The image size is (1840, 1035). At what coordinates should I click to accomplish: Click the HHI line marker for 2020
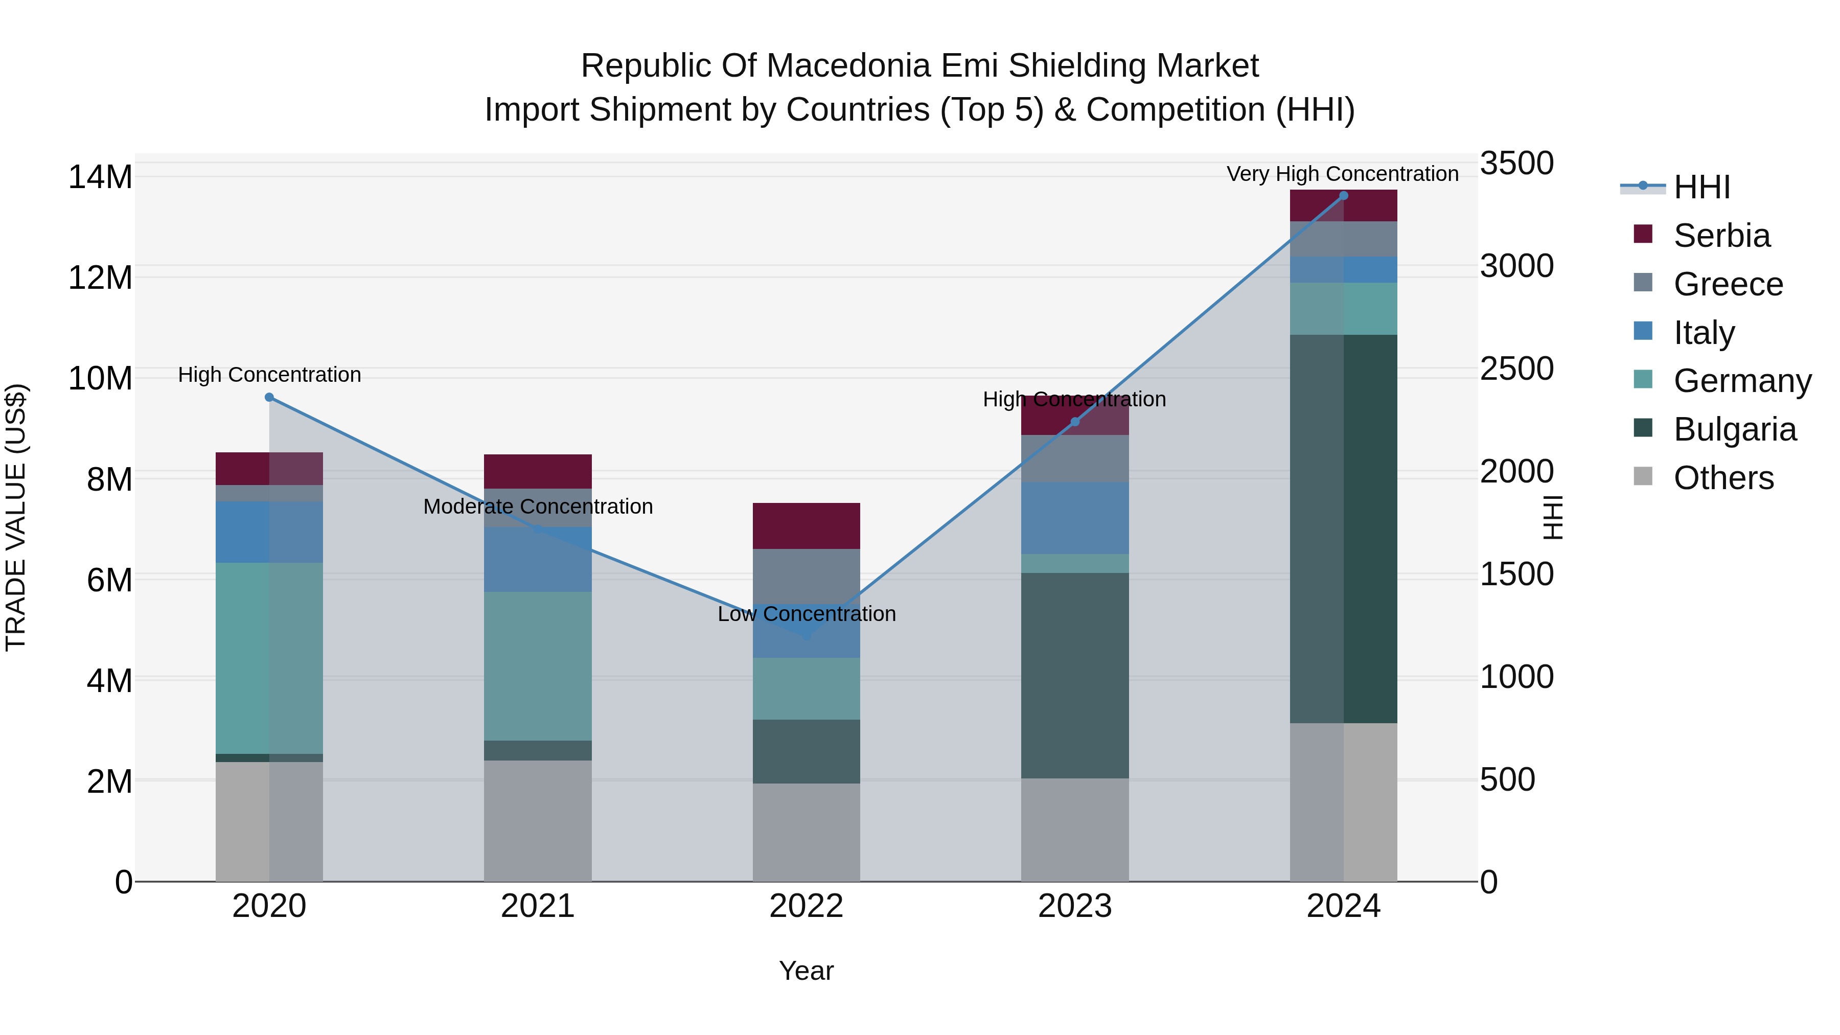coord(269,397)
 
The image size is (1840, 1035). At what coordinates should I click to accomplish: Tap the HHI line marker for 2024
coord(1344,196)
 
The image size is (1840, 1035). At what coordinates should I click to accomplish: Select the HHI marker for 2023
coord(1075,422)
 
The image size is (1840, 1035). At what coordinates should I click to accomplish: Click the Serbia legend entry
coord(1721,236)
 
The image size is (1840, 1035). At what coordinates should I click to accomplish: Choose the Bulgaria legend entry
coord(1734,429)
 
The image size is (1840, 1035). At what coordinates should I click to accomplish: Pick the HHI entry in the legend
coord(1701,187)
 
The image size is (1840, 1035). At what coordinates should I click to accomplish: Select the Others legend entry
coord(1723,478)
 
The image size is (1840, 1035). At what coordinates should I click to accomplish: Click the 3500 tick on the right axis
coord(1516,163)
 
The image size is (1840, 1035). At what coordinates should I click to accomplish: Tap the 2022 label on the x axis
coord(807,906)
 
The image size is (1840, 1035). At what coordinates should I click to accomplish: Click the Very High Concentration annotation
coord(1343,174)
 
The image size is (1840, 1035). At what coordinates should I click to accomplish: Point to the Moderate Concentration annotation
coord(538,507)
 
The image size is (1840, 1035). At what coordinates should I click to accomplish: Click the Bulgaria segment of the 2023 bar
coord(1075,675)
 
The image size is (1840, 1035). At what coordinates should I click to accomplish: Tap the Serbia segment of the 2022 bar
coord(807,526)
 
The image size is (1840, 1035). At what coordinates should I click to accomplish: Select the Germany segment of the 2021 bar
coord(538,665)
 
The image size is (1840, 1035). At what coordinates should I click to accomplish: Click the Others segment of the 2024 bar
coord(1344,802)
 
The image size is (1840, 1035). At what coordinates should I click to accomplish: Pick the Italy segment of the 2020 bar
coord(269,532)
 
